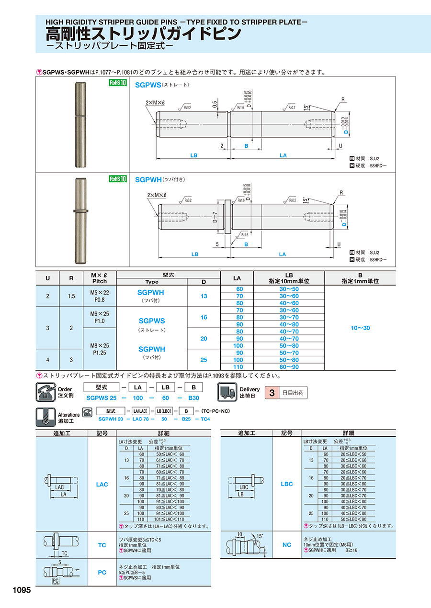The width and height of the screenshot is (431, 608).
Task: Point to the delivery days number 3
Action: click(x=272, y=393)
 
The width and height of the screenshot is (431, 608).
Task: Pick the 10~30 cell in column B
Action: click(x=360, y=328)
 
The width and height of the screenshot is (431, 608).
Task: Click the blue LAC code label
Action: click(x=102, y=484)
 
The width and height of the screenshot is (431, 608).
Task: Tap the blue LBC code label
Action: click(x=286, y=484)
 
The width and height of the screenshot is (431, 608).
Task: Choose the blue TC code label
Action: click(x=102, y=545)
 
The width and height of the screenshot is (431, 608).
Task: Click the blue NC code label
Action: click(x=286, y=544)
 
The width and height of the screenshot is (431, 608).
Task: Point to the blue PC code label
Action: click(x=102, y=572)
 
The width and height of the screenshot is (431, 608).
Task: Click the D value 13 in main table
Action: click(x=204, y=296)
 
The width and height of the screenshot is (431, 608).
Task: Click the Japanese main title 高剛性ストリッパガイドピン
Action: click(x=143, y=33)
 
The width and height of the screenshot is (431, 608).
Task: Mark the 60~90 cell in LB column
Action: click(x=289, y=366)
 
